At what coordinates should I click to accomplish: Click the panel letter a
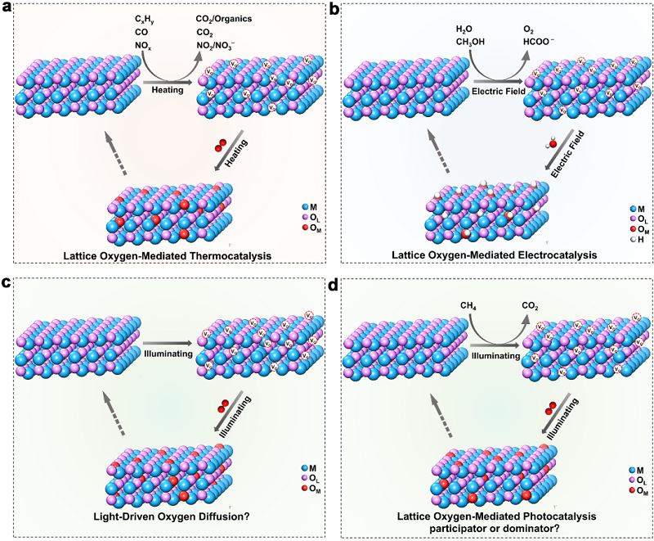pos(7,10)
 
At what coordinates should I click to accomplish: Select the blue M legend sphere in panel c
pos(301,468)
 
